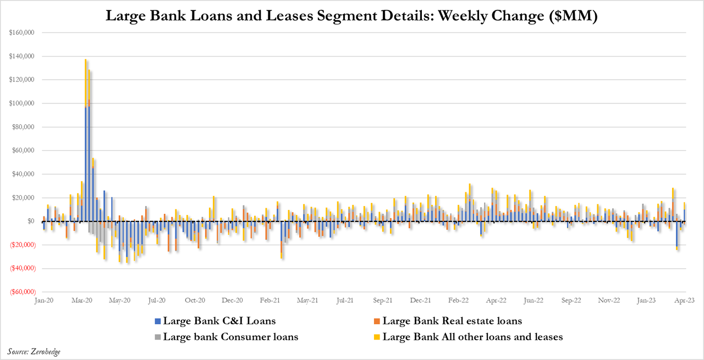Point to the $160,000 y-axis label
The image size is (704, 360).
click(22, 33)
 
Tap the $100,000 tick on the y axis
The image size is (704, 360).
click(22, 103)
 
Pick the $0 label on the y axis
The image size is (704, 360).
click(30, 221)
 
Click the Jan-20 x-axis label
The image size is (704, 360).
click(43, 301)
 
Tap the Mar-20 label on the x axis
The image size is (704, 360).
click(81, 301)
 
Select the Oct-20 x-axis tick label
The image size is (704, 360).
click(194, 301)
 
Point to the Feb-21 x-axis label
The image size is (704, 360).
click(269, 301)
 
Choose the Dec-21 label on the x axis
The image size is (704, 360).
click(420, 301)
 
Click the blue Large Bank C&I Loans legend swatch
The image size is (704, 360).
click(158, 321)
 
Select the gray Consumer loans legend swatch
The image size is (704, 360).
click(158, 337)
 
